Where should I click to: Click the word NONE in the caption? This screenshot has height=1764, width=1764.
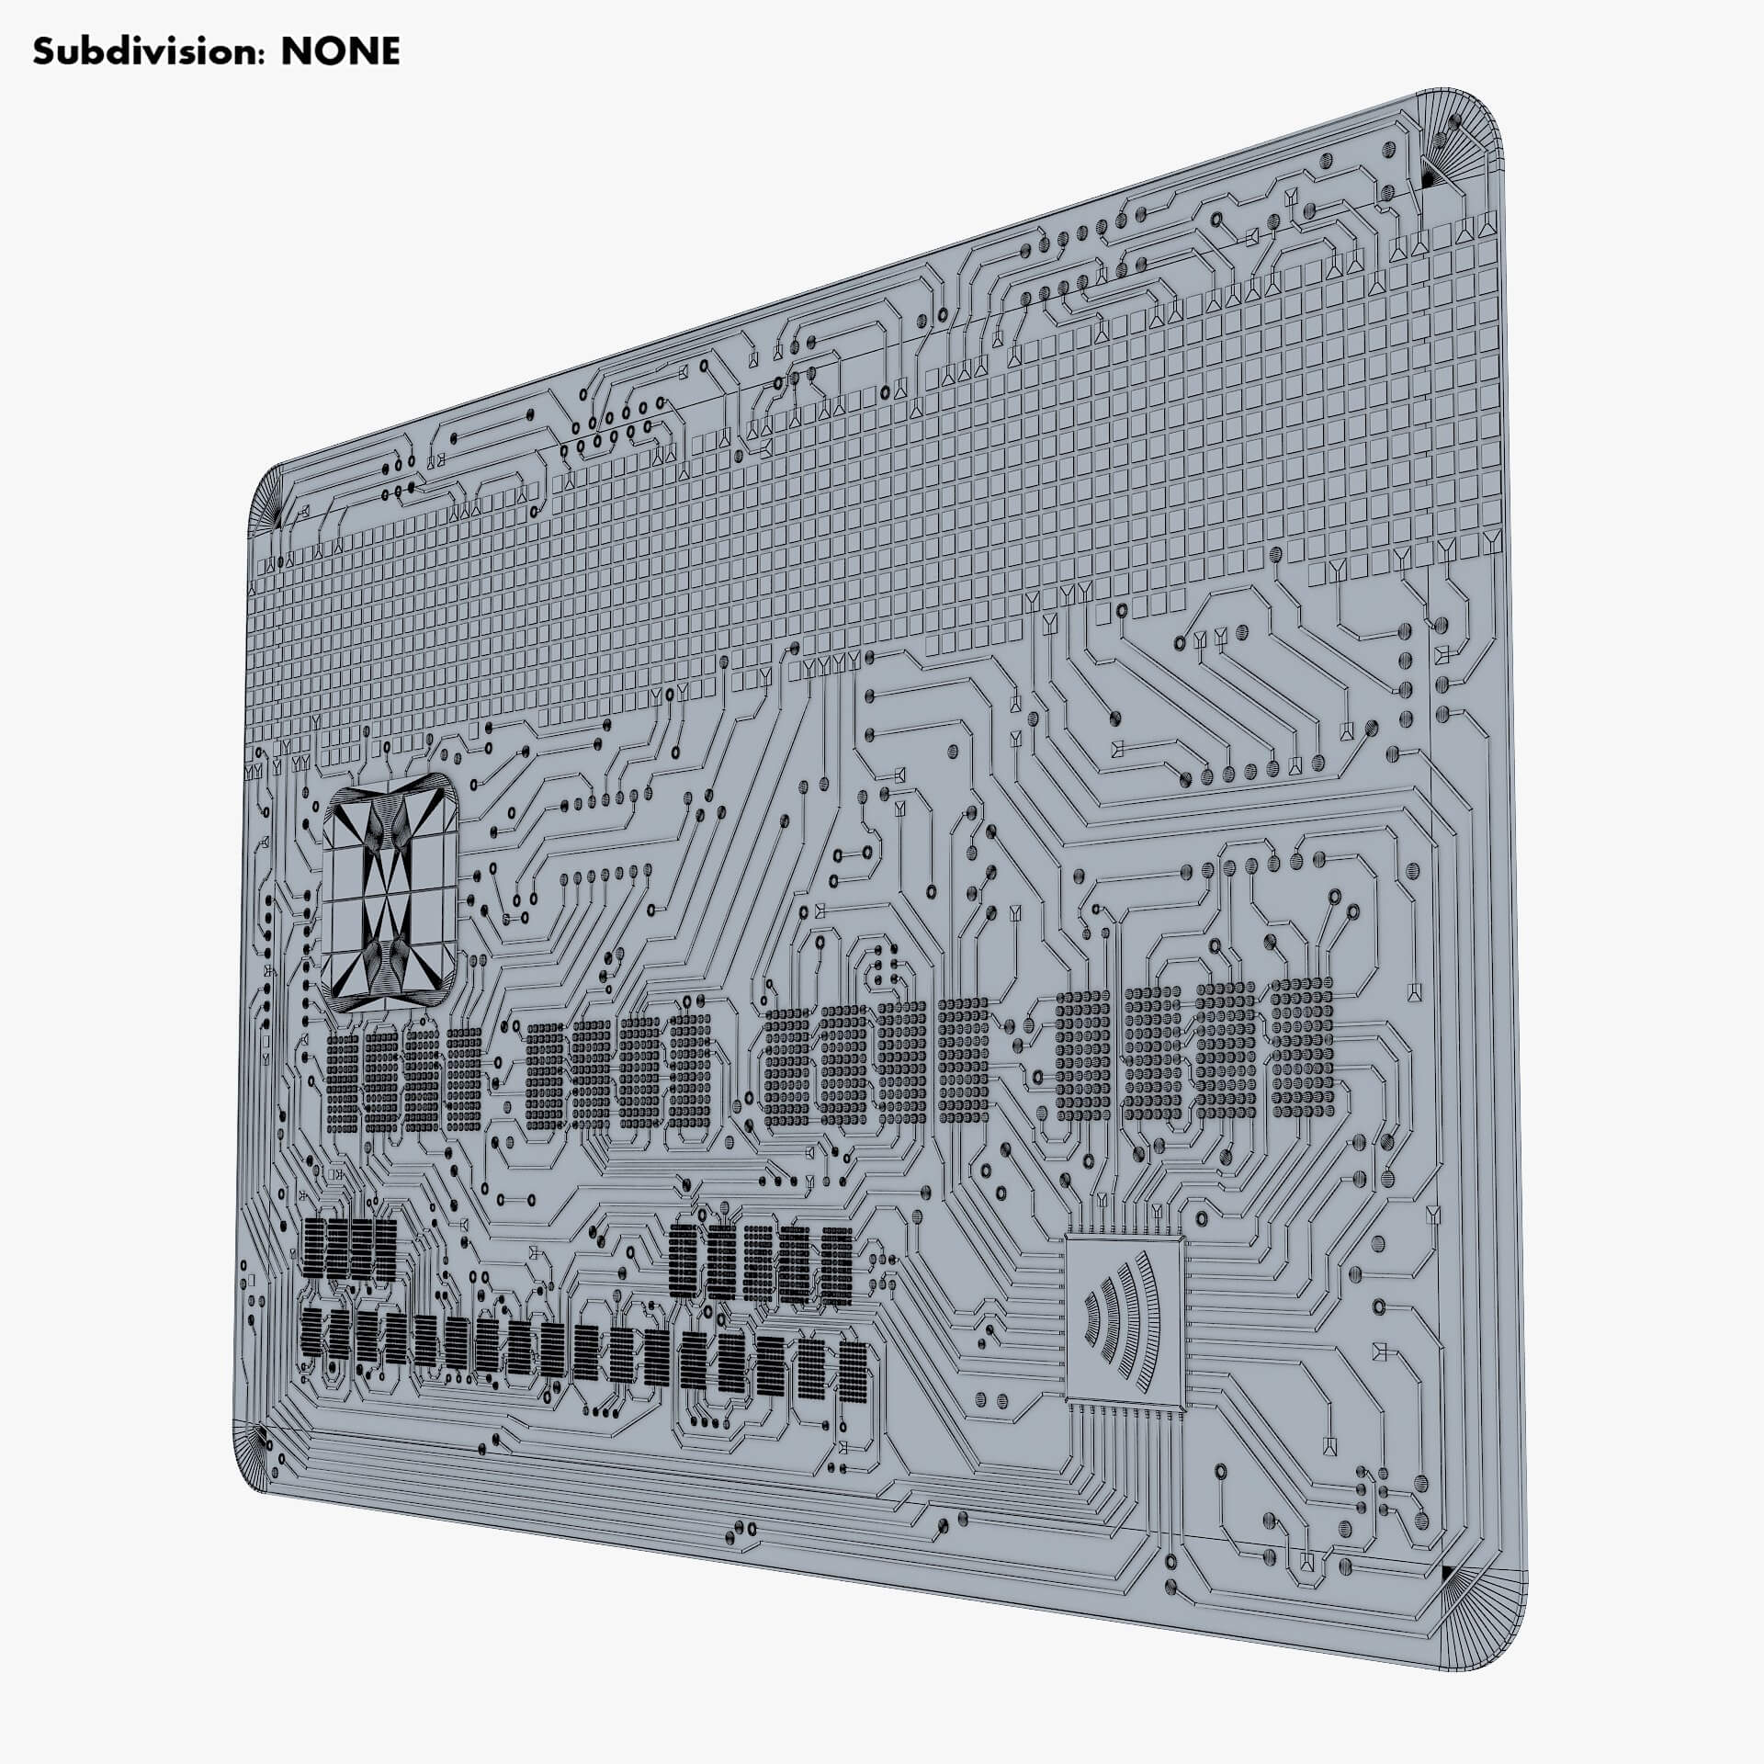(340, 51)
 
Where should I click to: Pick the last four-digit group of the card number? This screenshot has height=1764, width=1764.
(1194, 1047)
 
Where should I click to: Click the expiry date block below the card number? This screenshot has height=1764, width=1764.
(763, 1263)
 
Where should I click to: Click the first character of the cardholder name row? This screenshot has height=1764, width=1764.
(312, 1336)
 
